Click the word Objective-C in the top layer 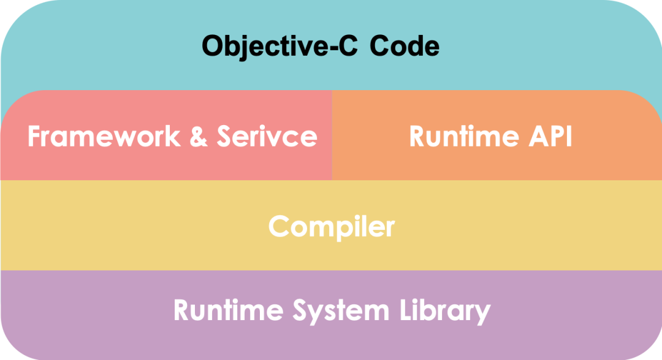click(x=280, y=47)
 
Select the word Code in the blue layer click(x=405, y=45)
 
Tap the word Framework click(x=104, y=136)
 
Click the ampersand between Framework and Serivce click(x=199, y=136)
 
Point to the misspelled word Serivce click(x=267, y=136)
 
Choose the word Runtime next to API click(x=464, y=136)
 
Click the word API click(x=550, y=136)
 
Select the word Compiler click(x=332, y=228)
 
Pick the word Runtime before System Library click(x=229, y=310)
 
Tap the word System click(x=341, y=312)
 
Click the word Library click(x=445, y=312)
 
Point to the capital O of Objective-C click(x=213, y=45)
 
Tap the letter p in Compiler click(x=335, y=230)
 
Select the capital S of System click(x=301, y=310)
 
